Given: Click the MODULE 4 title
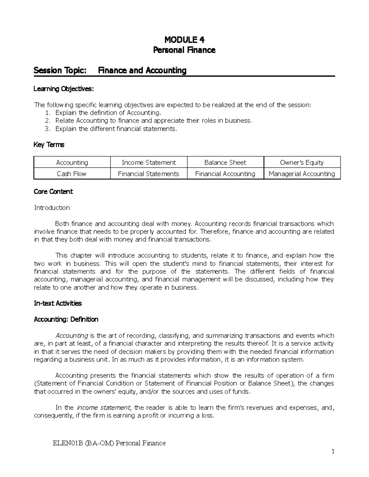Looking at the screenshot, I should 184,40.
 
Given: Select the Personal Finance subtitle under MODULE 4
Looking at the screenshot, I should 184,50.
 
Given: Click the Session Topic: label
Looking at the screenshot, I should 60,71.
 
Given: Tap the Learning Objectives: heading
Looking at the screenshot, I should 63,89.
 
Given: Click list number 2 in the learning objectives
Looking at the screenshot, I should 47,121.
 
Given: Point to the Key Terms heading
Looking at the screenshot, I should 49,145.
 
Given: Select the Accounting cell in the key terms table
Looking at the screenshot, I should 72,162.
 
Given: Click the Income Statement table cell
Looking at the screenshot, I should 149,162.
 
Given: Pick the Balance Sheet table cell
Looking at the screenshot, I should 225,162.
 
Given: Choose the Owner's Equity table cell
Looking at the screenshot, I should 302,162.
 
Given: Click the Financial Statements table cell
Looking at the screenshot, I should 149,174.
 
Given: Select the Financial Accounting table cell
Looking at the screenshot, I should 225,174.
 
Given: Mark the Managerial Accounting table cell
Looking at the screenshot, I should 302,174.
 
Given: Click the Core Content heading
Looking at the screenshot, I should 53,192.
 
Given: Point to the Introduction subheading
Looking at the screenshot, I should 52,208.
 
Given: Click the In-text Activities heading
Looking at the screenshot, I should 58,303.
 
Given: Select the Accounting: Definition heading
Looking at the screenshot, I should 66,319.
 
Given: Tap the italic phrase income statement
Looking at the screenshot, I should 104,408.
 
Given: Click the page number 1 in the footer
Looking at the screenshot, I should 332,451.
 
